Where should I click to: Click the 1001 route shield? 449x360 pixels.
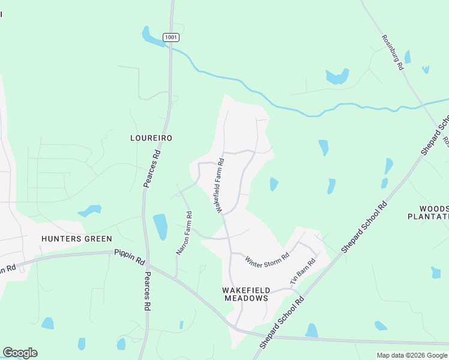pos(172,37)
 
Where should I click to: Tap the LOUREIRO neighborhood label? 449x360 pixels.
pos(151,138)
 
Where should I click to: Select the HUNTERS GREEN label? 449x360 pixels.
pos(77,239)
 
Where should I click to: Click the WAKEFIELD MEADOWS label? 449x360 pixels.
pos(245,294)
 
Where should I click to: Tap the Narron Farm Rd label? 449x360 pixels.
pos(184,233)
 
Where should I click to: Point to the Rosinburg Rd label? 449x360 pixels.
pos(393,53)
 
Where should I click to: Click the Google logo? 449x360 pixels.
pos(20,353)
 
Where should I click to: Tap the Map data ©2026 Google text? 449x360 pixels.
pos(411,355)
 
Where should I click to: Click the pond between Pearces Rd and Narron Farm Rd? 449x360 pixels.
pos(160,226)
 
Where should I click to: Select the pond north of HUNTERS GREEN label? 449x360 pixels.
pos(90,211)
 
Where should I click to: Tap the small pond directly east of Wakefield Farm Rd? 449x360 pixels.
pos(274,184)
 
